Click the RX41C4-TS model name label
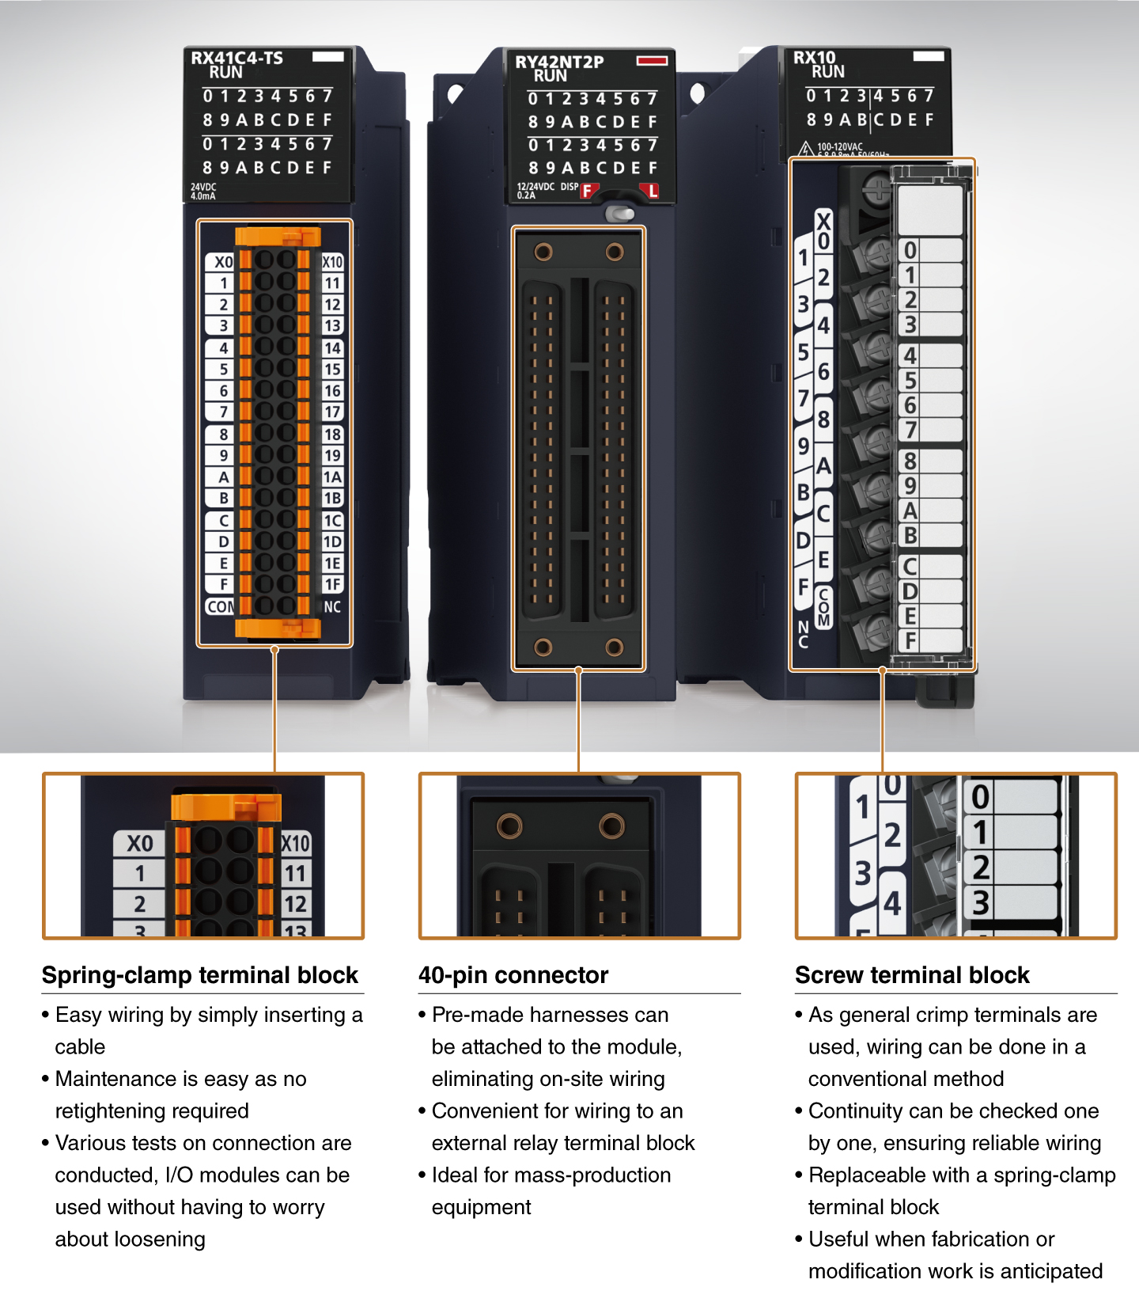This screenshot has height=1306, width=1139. [237, 58]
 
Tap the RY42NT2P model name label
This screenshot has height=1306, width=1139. [559, 62]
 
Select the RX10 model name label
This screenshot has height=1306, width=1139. [814, 57]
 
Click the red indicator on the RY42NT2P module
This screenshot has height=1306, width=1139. [652, 60]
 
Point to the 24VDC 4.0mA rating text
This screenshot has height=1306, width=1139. [202, 192]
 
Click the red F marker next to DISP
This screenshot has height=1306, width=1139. [587, 191]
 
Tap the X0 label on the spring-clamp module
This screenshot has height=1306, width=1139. [223, 262]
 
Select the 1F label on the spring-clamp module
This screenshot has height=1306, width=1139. [332, 584]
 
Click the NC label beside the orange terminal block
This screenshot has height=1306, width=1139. [332, 607]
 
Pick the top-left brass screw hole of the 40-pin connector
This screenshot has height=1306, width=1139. [543, 252]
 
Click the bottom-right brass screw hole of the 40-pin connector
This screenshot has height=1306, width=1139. [615, 647]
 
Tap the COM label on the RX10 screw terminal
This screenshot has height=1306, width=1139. [823, 607]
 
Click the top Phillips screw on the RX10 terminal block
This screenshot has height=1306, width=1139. [876, 189]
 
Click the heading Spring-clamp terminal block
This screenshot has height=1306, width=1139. [200, 975]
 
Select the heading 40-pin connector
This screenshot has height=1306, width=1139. [513, 975]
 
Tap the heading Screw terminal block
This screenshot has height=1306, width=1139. [912, 975]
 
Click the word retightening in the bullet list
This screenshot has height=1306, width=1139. [152, 1111]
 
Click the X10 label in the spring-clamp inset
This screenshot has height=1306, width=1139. [295, 844]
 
